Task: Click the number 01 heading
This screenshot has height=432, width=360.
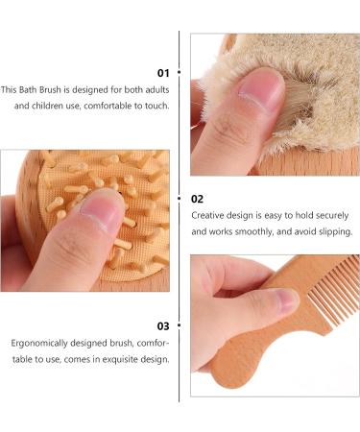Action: click(162, 72)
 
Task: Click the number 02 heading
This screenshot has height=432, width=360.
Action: click(197, 199)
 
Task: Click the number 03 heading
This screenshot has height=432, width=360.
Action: click(162, 325)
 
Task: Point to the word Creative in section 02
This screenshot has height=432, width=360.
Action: click(208, 216)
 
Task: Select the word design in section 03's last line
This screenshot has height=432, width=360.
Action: click(154, 359)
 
